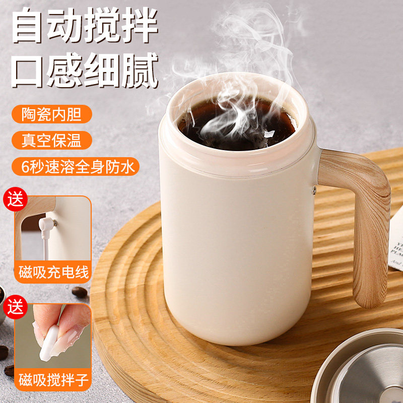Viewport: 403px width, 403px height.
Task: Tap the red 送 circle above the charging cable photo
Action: [17, 197]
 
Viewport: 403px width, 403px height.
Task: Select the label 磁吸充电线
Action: [53, 273]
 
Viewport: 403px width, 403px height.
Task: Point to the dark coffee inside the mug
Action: [237, 123]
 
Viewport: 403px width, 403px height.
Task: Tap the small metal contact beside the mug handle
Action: [313, 190]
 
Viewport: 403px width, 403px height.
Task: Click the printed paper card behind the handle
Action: [396, 242]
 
